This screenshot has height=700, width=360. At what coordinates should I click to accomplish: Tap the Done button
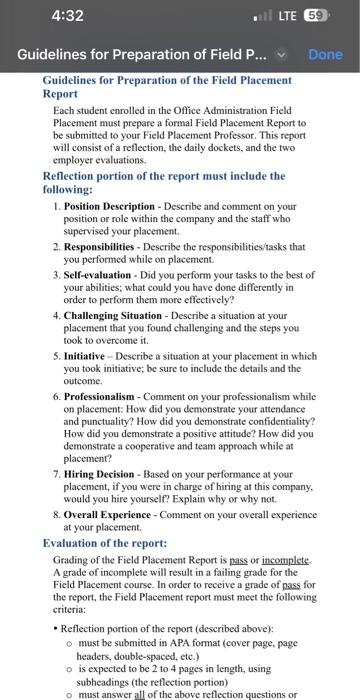(x=326, y=55)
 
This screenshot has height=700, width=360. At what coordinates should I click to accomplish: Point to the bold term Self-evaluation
(x=105, y=271)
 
